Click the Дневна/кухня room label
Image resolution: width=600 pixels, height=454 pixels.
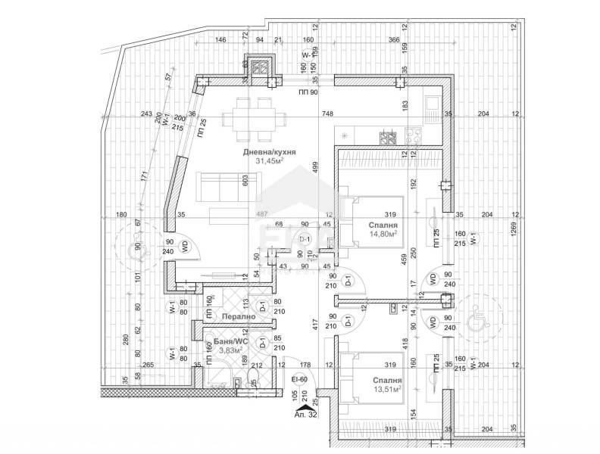click(x=269, y=152)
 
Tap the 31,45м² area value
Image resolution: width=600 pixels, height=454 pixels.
click(x=269, y=161)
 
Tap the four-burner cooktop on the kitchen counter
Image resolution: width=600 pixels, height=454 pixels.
click(x=389, y=138)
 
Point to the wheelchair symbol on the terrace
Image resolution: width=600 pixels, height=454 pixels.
click(x=477, y=322)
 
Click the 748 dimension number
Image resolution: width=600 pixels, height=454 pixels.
click(x=327, y=114)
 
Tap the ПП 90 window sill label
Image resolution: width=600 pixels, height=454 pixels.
click(x=307, y=92)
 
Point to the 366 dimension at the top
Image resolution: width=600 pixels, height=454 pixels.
click(x=393, y=40)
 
